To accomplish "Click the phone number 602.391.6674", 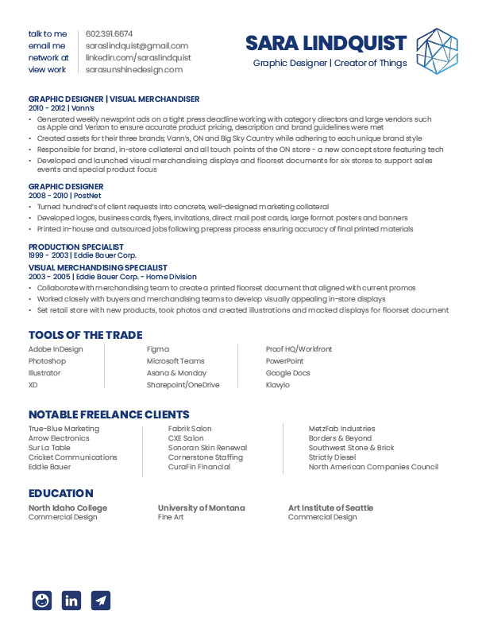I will [110, 33].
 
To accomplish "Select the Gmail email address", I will [137, 45].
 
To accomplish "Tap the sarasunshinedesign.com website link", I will [134, 69].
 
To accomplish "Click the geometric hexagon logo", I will [438, 51].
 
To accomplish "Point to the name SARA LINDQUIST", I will [326, 43].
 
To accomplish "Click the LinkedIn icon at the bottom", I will [71, 601].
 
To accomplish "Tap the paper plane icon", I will [101, 601].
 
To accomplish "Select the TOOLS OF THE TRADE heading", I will [86, 335].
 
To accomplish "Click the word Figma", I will [158, 349].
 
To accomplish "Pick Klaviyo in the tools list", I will [278, 385].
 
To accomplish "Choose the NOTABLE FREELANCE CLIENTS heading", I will [109, 414].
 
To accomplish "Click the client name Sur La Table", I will [49, 448].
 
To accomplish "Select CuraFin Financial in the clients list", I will [199, 467].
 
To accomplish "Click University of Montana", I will [201, 507].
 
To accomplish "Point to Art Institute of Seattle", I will [330, 507].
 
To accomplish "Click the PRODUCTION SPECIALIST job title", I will [76, 247].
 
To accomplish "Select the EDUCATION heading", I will [61, 493].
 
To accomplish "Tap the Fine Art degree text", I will [171, 517].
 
